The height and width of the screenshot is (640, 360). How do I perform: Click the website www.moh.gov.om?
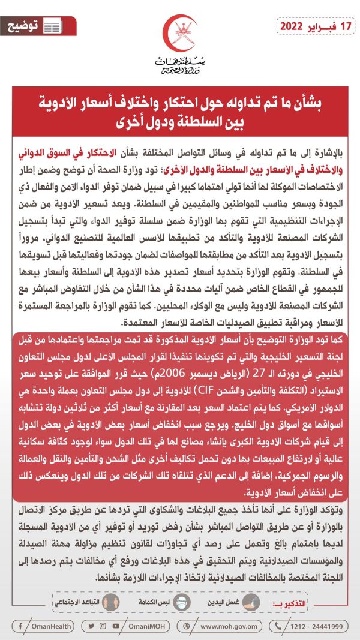pyautogui.click(x=231, y=626)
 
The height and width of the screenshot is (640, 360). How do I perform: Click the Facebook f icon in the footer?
pyautogui.click(x=21, y=626)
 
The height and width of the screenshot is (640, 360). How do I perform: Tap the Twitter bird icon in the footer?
pyautogui.click(x=91, y=626)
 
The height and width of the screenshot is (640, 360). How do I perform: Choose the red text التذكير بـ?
pyautogui.click(x=324, y=602)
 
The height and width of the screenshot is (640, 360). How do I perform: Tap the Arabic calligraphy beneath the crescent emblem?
pyautogui.click(x=179, y=65)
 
